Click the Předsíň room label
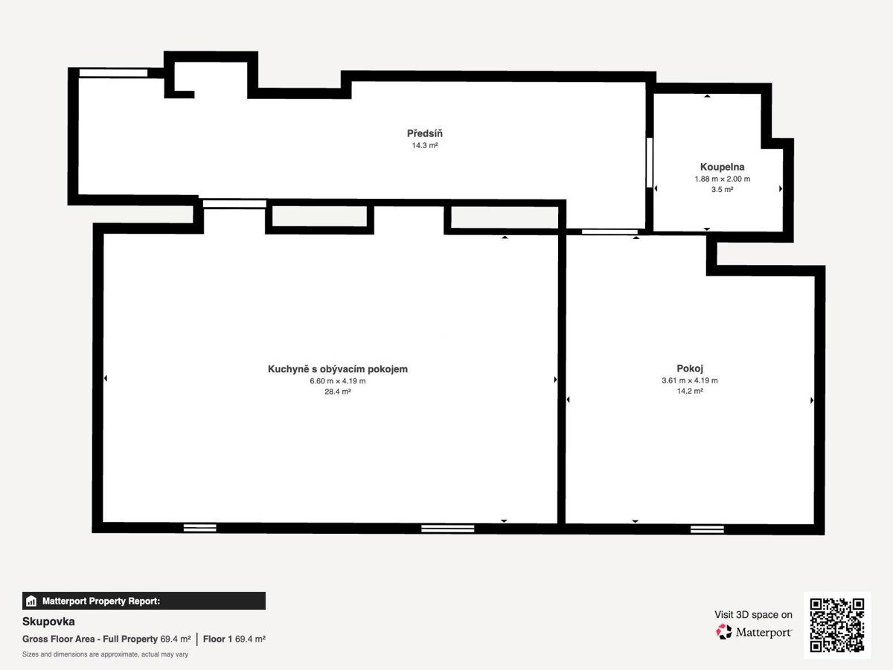tap(424, 133)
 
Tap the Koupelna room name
tap(722, 167)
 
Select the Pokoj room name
tap(690, 368)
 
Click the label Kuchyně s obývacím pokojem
tap(337, 369)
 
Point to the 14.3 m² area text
tap(425, 146)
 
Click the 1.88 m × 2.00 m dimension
tap(722, 179)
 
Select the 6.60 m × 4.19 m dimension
tap(338, 381)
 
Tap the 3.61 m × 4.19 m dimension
tap(690, 380)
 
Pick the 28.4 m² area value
tap(338, 392)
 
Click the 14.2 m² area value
tap(690, 391)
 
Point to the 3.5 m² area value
tap(722, 190)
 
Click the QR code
tap(837, 625)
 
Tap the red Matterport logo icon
tap(723, 632)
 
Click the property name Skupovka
tap(48, 622)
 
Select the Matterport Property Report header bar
tap(144, 601)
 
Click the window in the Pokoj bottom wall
tap(707, 529)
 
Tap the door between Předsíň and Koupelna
tap(650, 163)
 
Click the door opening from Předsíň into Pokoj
tap(609, 232)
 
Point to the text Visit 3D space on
tap(753, 615)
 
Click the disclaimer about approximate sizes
tap(105, 654)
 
